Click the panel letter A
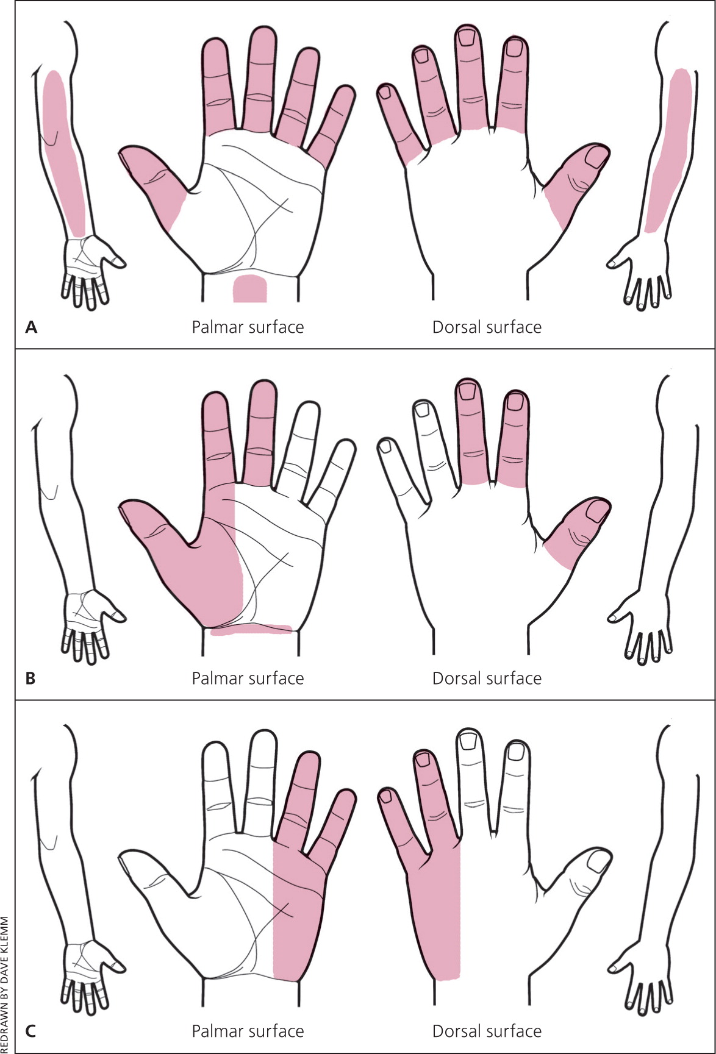point(31,327)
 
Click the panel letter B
point(30,678)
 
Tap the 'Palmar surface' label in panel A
point(248,327)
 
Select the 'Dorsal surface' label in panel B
point(487,678)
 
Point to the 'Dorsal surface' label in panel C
point(487,1031)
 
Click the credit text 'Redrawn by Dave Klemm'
point(6,984)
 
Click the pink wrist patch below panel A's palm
point(250,288)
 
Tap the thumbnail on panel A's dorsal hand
point(596,158)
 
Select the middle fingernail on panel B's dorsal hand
point(468,390)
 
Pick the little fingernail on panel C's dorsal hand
point(385,796)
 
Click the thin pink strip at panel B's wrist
point(251,630)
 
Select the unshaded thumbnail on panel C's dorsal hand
point(598,861)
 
